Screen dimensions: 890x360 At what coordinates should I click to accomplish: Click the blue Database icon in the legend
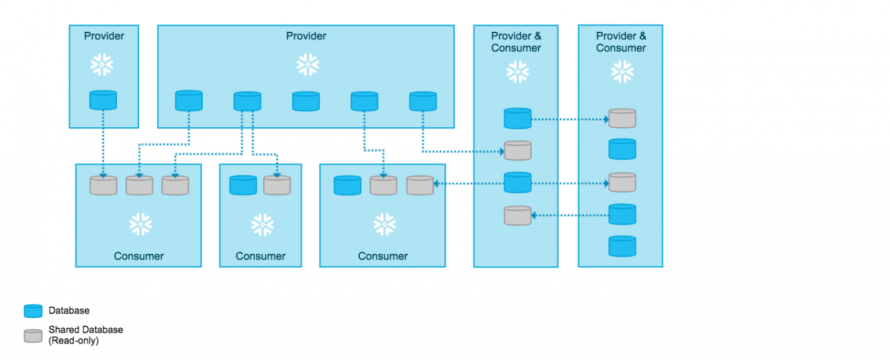pyautogui.click(x=33, y=311)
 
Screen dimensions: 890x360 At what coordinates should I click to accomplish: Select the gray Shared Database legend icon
pyautogui.click(x=33, y=335)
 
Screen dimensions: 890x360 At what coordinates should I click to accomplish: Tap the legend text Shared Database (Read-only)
pyautogui.click(x=86, y=335)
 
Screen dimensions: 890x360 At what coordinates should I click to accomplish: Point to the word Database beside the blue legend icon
pyautogui.click(x=69, y=310)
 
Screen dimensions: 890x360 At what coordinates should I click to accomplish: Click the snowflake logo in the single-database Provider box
pyautogui.click(x=102, y=65)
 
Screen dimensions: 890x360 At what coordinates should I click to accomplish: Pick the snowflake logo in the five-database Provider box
pyautogui.click(x=308, y=65)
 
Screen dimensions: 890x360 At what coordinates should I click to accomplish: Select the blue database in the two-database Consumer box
pyautogui.click(x=243, y=185)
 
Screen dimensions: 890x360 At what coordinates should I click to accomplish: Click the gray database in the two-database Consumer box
pyautogui.click(x=277, y=185)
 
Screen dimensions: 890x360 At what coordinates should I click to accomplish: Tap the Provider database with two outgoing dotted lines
pyautogui.click(x=247, y=101)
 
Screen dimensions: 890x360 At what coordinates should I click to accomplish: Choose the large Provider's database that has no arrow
pyautogui.click(x=306, y=101)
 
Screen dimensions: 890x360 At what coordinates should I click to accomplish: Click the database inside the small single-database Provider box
pyautogui.click(x=103, y=100)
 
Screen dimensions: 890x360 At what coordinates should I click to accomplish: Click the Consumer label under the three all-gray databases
pyautogui.click(x=139, y=256)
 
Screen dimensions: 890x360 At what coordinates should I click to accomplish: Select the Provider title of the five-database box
pyautogui.click(x=306, y=36)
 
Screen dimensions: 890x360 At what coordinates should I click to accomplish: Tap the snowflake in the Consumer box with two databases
pyautogui.click(x=263, y=225)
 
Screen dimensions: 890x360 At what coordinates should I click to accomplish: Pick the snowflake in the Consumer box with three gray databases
pyautogui.click(x=140, y=225)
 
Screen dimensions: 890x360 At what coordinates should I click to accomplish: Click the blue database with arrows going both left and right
pyautogui.click(x=517, y=183)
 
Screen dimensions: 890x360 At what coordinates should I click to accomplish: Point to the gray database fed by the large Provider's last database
pyautogui.click(x=517, y=151)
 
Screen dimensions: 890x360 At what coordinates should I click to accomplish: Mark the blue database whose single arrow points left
pyautogui.click(x=622, y=214)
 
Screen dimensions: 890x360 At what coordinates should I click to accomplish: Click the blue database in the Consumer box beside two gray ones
pyautogui.click(x=347, y=185)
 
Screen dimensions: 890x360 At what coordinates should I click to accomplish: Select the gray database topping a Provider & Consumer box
pyautogui.click(x=622, y=118)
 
